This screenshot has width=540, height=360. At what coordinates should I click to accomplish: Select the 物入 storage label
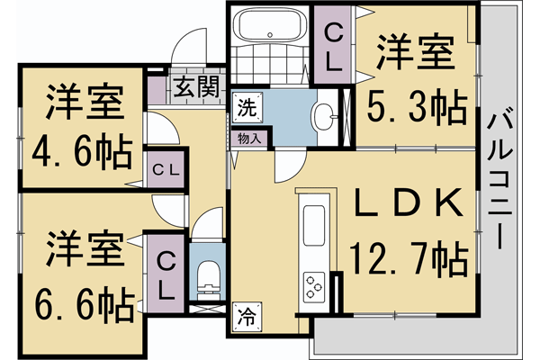pos(249,139)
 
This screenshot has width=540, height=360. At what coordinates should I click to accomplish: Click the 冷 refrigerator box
pos(246,316)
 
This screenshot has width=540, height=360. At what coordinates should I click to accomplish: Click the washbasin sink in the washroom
pos(325,114)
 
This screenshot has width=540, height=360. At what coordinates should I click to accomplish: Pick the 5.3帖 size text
pos(417,109)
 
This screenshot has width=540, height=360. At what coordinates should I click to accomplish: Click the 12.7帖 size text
pos(409,261)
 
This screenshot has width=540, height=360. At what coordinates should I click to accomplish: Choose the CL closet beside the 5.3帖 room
pos(333,47)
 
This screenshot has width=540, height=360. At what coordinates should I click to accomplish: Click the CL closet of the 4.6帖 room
pos(165,168)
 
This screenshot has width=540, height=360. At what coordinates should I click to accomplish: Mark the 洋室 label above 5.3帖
pos(413,51)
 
